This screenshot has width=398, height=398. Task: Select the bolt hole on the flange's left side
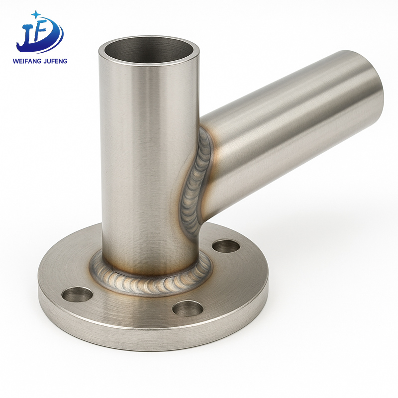[77, 295]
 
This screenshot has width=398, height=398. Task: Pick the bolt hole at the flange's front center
[188, 308]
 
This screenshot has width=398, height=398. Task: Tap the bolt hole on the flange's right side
[226, 246]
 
